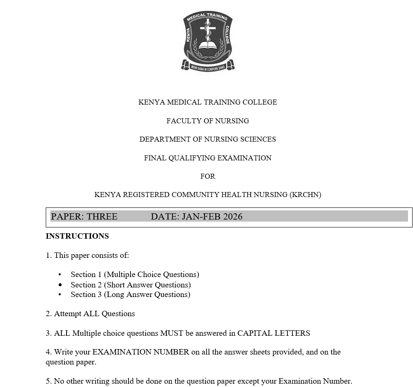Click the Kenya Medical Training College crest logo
tap(208, 41)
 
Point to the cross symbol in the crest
tap(208, 29)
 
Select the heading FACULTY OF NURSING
tap(208, 121)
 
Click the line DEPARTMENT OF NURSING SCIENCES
tap(208, 139)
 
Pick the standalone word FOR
tap(208, 176)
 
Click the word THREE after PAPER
tap(102, 217)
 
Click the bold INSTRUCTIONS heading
tap(77, 236)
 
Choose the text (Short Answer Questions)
tap(147, 285)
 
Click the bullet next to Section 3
tap(60, 295)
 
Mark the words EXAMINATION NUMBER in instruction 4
tap(141, 352)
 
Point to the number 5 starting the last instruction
tap(48, 381)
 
